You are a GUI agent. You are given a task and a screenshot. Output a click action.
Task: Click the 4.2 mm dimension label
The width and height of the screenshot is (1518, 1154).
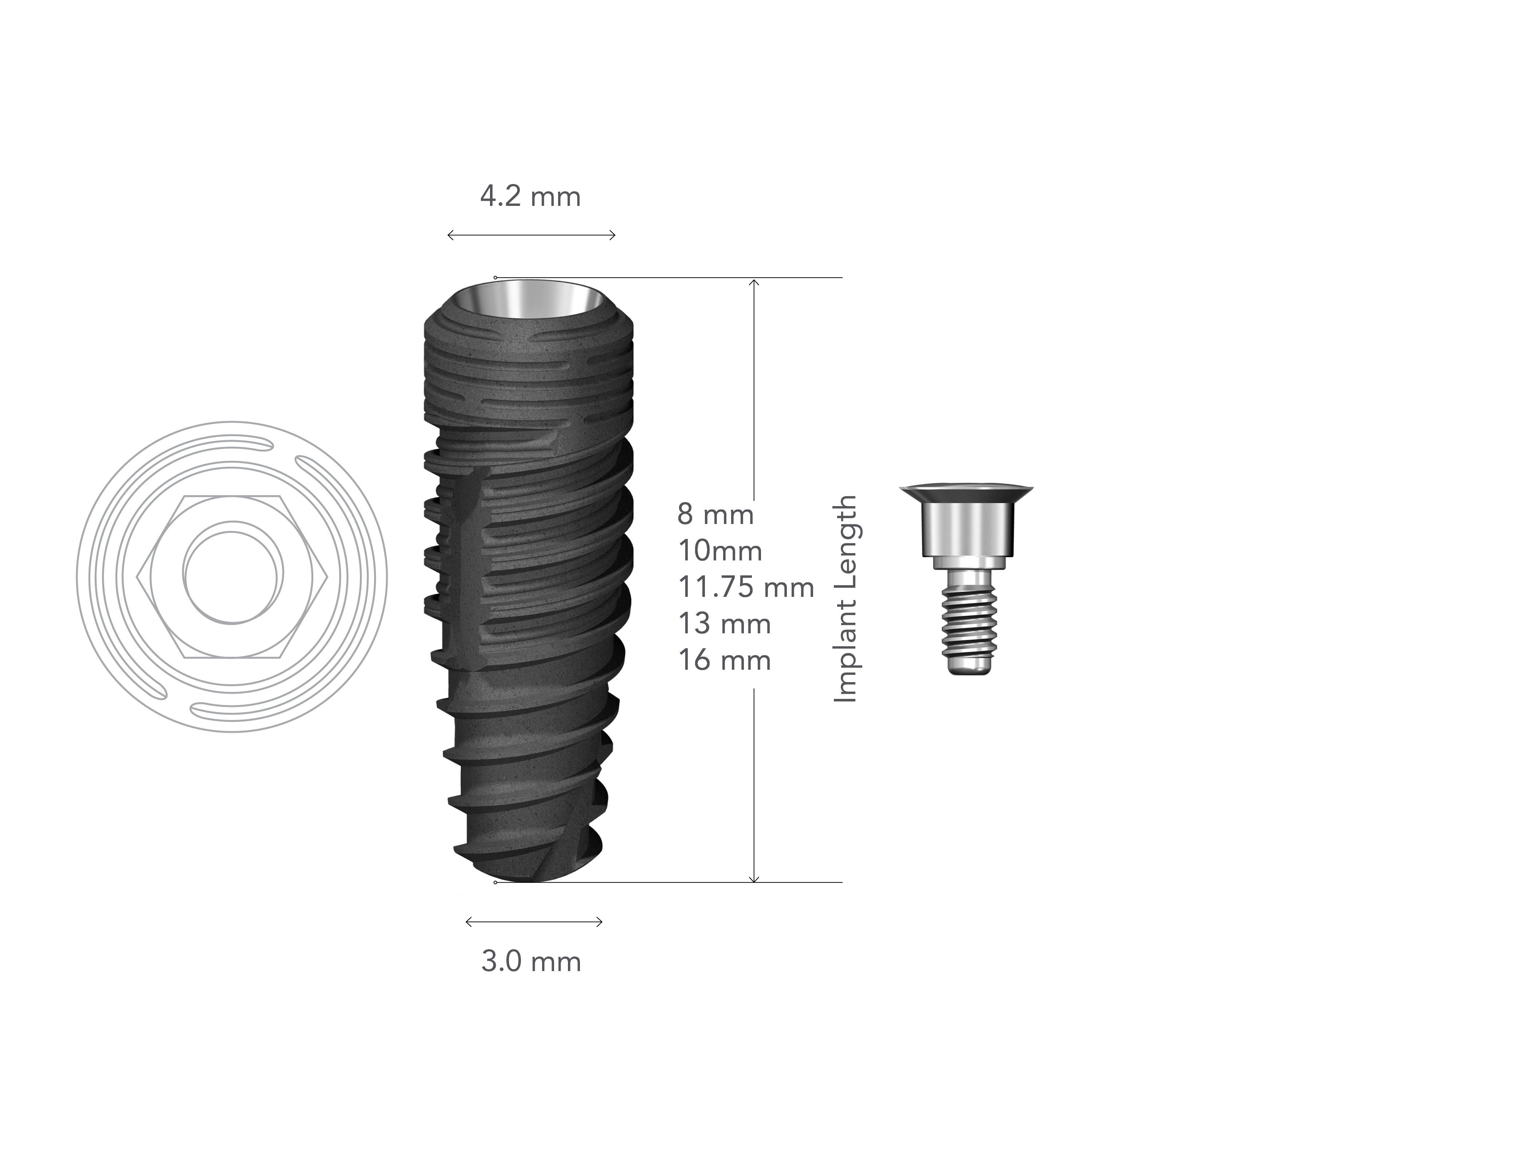coord(530,197)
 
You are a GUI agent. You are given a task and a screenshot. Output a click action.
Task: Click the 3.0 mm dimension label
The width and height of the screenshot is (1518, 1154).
coord(531,962)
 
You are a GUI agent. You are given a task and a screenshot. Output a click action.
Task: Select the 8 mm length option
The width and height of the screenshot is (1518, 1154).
coord(715,515)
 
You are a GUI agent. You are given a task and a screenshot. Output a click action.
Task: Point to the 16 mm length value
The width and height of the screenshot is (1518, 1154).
coord(724,660)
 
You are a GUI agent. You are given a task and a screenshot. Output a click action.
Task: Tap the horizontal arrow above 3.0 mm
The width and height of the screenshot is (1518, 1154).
coord(534,922)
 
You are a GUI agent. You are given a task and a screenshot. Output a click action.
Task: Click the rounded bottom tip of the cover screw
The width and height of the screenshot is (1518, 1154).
coord(967,668)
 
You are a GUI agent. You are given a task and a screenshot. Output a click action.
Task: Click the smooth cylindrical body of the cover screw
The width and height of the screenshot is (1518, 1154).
coord(967,529)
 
